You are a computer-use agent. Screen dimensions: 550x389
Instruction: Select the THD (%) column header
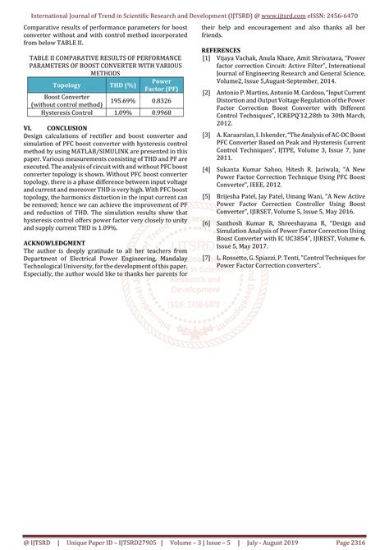(122, 85)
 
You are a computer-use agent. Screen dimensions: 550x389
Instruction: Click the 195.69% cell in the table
(122, 100)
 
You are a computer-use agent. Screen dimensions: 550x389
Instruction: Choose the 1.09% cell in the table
(122, 112)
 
